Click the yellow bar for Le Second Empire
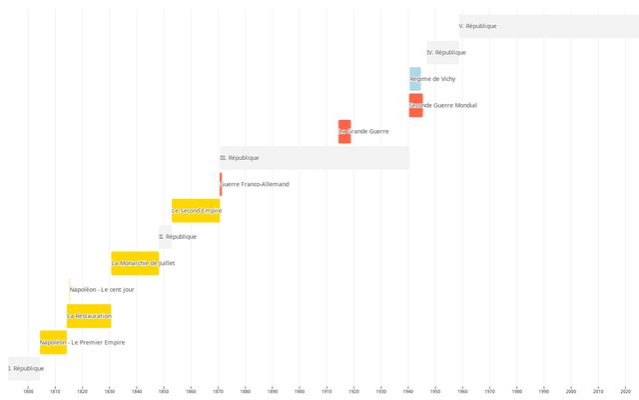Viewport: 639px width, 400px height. (x=196, y=211)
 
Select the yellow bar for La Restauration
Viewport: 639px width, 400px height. (x=89, y=316)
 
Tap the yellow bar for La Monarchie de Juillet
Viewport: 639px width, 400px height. (x=135, y=263)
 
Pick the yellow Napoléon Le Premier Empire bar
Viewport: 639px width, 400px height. (x=53, y=342)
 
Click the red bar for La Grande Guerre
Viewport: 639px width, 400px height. (x=344, y=131)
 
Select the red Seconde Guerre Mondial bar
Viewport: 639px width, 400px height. (x=415, y=105)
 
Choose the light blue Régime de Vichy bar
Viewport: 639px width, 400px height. (x=415, y=79)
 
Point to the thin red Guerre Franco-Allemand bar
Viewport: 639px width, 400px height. (x=221, y=184)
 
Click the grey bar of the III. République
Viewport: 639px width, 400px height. (x=315, y=158)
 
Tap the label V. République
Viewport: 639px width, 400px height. (x=477, y=26)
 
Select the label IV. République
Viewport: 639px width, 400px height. (x=446, y=52)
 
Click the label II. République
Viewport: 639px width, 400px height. (x=179, y=237)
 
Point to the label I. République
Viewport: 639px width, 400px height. (x=26, y=368)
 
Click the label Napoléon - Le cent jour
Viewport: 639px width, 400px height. (x=102, y=289)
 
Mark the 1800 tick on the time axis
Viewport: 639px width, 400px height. (x=28, y=391)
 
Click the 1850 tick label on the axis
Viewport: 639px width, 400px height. (x=164, y=391)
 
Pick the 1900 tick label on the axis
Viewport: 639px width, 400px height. (x=300, y=391)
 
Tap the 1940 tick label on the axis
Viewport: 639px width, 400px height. (x=408, y=391)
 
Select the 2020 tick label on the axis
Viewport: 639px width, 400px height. (x=625, y=391)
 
